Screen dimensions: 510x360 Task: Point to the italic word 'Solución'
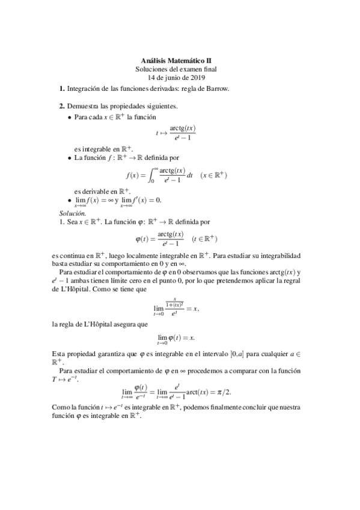(x=73, y=213)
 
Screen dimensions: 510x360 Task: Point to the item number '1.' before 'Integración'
(x=62, y=89)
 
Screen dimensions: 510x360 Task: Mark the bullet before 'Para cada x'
(x=70, y=117)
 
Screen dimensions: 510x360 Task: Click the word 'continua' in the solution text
(x=82, y=256)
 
